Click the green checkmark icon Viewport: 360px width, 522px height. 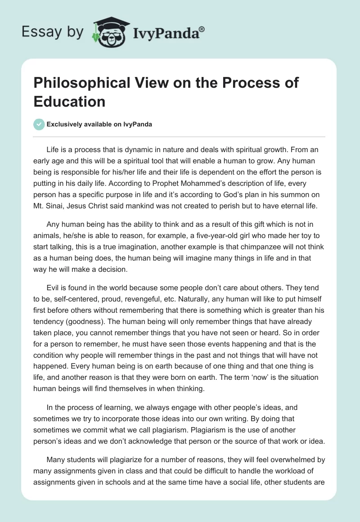click(39, 124)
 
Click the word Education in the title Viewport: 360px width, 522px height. click(69, 101)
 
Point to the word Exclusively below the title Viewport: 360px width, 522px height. click(65, 124)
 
